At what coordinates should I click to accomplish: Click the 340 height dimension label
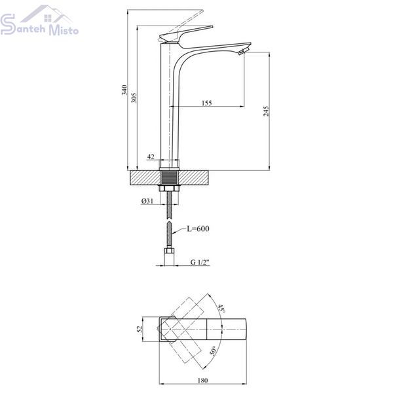tap(124, 90)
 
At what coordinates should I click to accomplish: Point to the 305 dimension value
tap(134, 98)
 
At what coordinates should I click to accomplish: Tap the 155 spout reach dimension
tap(207, 103)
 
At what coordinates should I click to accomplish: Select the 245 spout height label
tap(266, 111)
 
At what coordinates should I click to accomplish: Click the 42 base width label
tap(151, 157)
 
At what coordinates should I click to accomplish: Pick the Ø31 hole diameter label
tap(147, 201)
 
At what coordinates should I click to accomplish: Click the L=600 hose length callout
tap(198, 229)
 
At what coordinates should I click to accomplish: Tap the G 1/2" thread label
tap(200, 262)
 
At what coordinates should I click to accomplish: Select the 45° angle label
tap(221, 309)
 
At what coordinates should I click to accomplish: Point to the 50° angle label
tap(213, 350)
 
